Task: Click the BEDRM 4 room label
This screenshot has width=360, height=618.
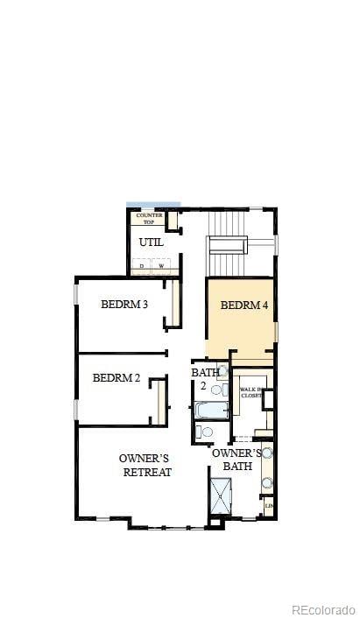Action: tap(244, 305)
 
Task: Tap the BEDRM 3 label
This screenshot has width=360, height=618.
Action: tap(124, 305)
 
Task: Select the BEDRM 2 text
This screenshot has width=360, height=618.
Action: tap(116, 378)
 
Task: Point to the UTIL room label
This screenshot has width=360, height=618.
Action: tap(151, 242)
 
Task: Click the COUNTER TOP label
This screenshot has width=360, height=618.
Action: tap(149, 218)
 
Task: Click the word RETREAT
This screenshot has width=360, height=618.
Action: tap(146, 473)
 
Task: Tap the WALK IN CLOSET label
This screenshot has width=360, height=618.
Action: tap(251, 392)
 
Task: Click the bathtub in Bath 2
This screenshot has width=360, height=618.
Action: tap(212, 411)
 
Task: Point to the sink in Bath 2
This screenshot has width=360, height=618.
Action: tap(222, 371)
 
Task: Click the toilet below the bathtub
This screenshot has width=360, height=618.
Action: tap(204, 432)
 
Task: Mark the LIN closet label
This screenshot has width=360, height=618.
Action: tap(268, 506)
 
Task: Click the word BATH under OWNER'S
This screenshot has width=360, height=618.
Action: tap(238, 467)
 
